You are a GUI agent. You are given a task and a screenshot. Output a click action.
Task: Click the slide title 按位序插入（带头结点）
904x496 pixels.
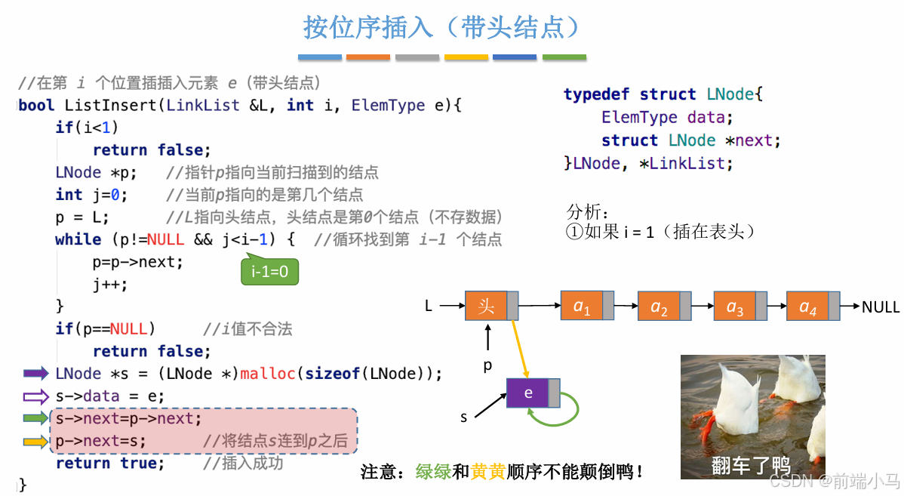443,27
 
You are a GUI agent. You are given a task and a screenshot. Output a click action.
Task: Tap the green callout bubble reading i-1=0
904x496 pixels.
269,271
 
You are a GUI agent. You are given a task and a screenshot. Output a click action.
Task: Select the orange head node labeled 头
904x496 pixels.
487,306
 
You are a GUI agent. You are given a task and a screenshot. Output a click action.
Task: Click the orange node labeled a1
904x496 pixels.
582,306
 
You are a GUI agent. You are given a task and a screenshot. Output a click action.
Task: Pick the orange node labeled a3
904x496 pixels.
735,307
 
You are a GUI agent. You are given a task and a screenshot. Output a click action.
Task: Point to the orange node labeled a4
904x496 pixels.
807,307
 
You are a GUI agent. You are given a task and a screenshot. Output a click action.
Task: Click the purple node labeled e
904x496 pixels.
528,393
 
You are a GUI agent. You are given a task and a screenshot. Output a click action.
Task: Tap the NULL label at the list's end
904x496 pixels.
881,307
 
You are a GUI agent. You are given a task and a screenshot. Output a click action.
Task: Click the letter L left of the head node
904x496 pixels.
429,307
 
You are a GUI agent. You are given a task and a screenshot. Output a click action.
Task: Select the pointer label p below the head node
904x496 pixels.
487,365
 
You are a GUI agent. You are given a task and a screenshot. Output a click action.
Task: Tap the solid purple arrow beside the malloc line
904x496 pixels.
35,373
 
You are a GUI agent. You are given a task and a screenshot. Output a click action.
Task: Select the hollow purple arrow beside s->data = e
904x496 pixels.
35,396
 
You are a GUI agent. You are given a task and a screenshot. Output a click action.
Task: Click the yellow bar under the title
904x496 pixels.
466,57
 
